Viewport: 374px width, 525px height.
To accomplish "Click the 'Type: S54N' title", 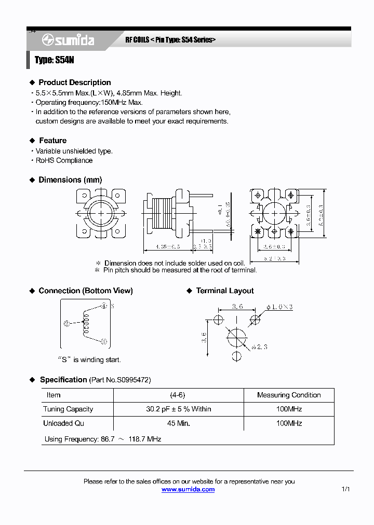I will (55, 60).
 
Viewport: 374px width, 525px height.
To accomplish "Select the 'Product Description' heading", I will (74, 82).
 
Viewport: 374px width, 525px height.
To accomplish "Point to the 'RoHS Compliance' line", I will (64, 160).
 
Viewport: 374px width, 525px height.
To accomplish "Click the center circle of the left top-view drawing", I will (99, 213).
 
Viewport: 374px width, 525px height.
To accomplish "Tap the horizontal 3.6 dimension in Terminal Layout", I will (237, 307).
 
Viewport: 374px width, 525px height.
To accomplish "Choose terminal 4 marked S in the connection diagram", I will (104, 306).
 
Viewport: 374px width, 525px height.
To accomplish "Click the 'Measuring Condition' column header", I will (289, 395).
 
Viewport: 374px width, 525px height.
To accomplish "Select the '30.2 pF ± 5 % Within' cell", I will (178, 409).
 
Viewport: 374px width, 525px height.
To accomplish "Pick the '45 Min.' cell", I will (178, 423).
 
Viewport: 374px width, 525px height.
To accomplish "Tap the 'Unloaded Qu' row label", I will (63, 423).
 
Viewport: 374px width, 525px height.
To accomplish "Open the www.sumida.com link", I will (188, 489).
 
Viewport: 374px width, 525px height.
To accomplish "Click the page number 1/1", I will (346, 489).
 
